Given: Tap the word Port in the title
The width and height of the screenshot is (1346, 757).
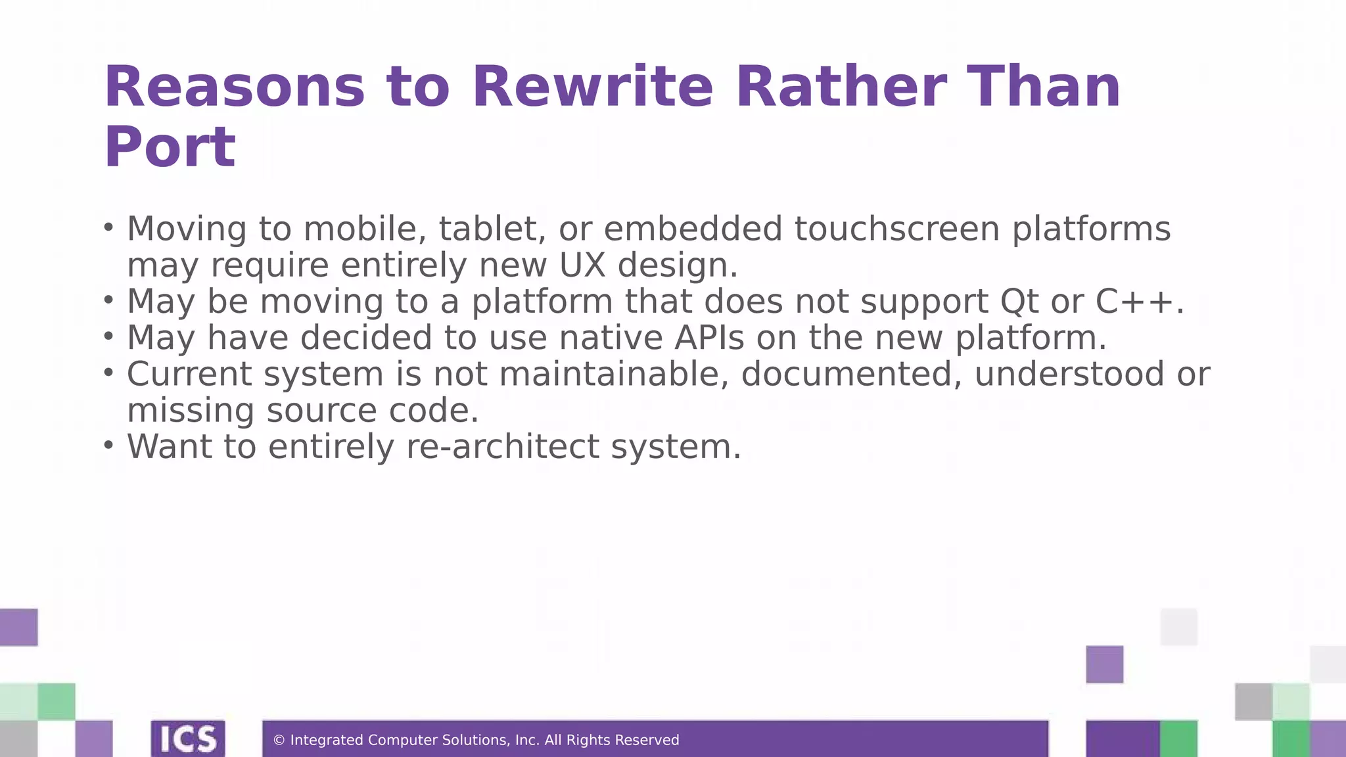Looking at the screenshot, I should [170, 147].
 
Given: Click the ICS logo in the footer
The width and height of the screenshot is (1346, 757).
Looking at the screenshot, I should [188, 739].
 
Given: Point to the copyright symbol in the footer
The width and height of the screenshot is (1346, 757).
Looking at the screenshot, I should [279, 741].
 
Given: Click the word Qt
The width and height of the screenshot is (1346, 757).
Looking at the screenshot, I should [1019, 302].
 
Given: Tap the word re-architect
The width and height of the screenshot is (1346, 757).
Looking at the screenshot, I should [503, 447].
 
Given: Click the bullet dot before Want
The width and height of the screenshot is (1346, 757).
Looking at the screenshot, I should [109, 445].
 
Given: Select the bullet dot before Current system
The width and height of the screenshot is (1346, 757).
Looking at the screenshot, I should [109, 373].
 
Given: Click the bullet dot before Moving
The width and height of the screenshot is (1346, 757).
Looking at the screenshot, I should [109, 227].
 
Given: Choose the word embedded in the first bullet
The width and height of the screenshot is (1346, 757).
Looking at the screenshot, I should [693, 229].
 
